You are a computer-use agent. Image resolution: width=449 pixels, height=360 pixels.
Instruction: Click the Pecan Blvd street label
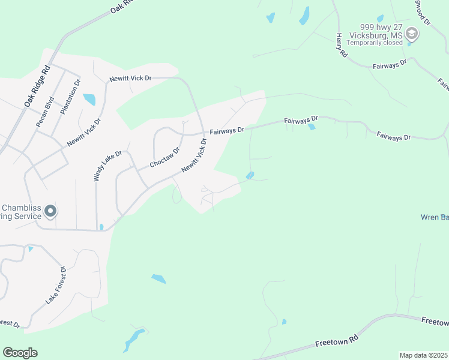point(45,112)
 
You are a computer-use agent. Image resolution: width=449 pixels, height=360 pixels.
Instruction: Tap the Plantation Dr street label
point(69,97)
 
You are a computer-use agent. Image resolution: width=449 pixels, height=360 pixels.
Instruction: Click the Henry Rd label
point(342,45)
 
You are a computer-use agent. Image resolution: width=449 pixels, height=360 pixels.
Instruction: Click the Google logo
point(20,353)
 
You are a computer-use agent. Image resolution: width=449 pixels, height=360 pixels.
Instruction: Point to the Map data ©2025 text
point(423,355)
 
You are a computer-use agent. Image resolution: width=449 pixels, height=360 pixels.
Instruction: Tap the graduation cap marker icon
point(412,32)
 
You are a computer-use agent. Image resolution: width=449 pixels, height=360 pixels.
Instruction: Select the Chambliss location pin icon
point(50,211)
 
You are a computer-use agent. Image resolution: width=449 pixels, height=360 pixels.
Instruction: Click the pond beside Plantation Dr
point(89,98)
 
